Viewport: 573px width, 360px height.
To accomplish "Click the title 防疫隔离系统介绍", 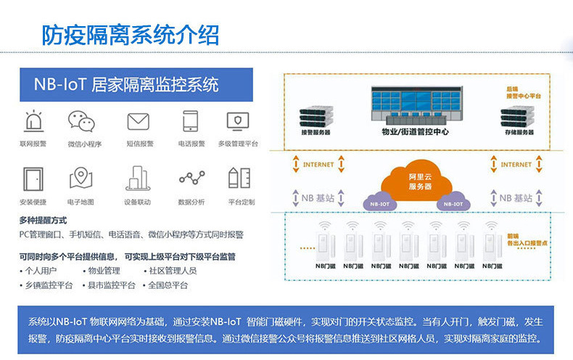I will pyautogui.click(x=130, y=34).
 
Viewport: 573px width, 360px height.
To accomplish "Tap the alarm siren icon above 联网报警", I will pyautogui.click(x=33, y=120).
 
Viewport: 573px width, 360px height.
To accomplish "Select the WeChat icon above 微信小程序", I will pyautogui.click(x=83, y=120).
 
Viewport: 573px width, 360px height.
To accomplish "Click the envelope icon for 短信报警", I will pyautogui.click(x=138, y=121).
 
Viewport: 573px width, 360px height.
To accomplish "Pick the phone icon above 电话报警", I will pyautogui.click(x=191, y=120).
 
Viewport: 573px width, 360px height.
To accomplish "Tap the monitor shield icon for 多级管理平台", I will pyautogui.click(x=238, y=120).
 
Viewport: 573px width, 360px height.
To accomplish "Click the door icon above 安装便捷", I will pyautogui.click(x=33, y=179).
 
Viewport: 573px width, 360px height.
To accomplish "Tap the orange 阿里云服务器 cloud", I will pyautogui.click(x=419, y=179).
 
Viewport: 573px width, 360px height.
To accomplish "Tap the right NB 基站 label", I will pyautogui.click(x=511, y=197).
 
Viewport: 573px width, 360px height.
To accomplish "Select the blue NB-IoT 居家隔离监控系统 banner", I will pyautogui.click(x=136, y=84).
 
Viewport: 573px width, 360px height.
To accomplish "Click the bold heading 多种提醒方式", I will pyautogui.click(x=43, y=220).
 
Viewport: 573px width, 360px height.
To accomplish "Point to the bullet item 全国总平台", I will pyautogui.click(x=166, y=285).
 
